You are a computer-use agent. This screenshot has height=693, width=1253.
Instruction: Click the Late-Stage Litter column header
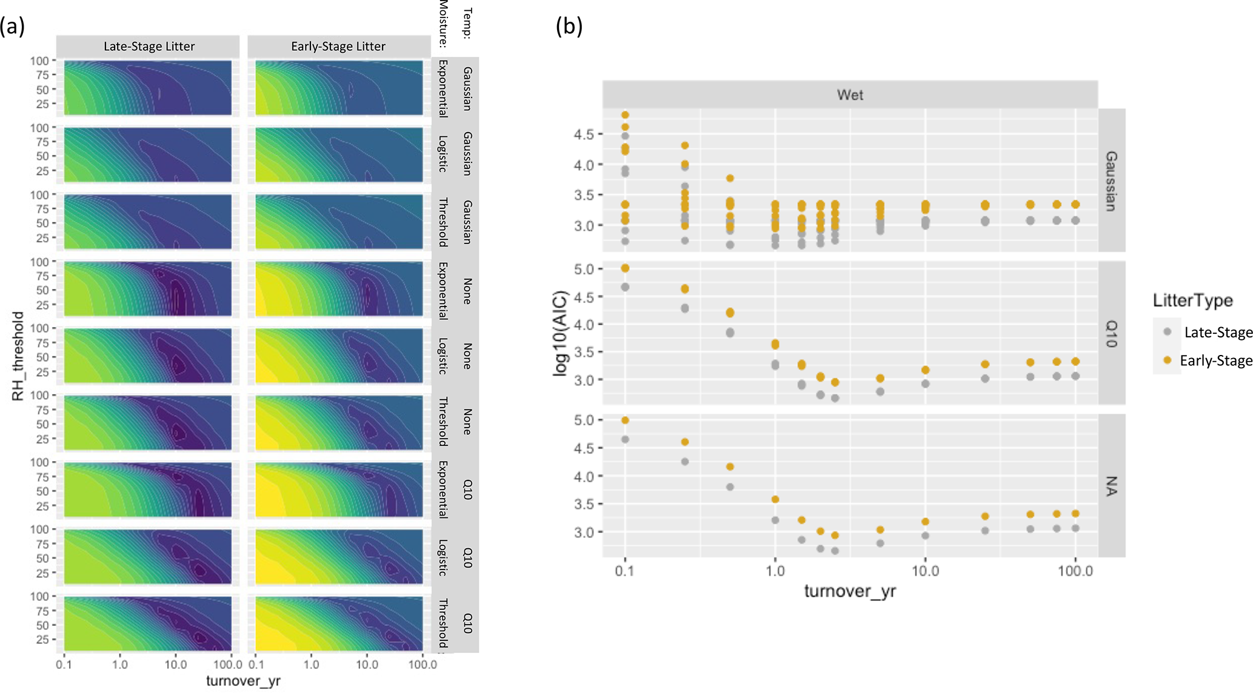149,47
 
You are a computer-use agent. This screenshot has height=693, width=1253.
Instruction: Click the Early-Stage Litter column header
338,47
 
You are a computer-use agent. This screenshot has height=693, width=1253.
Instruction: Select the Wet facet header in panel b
850,94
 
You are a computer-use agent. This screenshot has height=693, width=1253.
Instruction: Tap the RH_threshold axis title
18,356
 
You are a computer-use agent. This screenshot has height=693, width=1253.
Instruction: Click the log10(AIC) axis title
561,334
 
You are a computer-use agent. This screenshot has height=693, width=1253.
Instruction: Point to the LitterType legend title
1192,300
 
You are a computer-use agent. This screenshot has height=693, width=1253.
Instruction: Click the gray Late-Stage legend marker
1167,332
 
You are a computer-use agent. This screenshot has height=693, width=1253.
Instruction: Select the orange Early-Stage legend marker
1167,360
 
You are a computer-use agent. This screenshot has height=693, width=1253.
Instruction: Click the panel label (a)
12,27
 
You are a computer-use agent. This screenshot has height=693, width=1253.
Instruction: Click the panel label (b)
569,27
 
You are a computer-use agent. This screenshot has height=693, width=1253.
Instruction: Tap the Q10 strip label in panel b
1111,334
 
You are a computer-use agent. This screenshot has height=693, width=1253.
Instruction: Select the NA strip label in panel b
1111,486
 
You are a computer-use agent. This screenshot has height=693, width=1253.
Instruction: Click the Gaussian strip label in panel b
1111,181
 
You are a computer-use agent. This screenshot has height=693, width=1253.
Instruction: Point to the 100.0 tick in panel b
1075,571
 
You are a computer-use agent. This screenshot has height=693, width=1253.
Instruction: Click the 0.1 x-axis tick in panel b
624,571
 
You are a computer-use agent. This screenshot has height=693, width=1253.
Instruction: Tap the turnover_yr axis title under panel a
243,681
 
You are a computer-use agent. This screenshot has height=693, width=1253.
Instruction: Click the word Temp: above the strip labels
467,23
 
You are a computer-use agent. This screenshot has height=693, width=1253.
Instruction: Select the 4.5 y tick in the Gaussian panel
584,134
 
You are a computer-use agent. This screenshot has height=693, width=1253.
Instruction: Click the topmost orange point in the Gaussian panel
625,115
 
